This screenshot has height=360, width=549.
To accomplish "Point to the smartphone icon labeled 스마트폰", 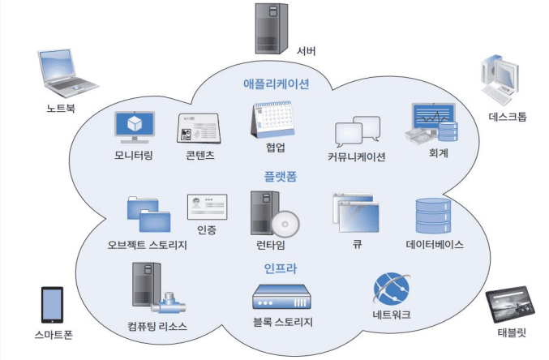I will click(53, 305).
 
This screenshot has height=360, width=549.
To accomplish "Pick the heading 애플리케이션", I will click(276, 84).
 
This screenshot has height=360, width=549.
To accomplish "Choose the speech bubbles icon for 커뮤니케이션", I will click(357, 132).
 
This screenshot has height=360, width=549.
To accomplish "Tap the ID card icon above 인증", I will click(206, 208).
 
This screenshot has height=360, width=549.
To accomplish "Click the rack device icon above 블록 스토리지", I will click(281, 297).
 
